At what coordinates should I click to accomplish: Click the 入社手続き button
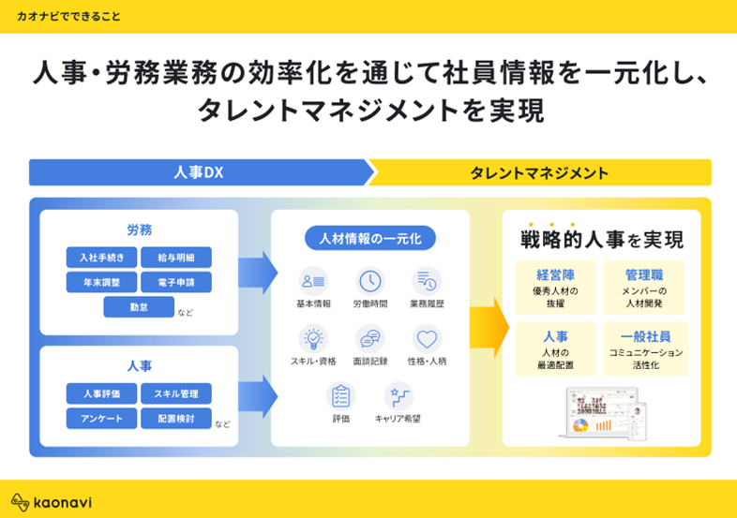pos(102,258)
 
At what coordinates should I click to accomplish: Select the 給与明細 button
pos(176,258)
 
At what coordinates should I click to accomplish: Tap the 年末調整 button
pos(102,282)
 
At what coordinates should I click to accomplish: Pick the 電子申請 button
pos(176,282)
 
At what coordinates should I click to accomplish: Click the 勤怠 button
pos(139,307)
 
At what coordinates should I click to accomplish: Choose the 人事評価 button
pos(102,393)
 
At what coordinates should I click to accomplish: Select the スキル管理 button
pos(176,393)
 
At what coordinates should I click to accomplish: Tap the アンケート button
pos(102,418)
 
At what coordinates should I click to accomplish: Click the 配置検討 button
pos(176,418)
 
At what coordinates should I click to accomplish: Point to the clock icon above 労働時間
pos(370,280)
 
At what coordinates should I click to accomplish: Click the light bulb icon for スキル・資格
pos(313,338)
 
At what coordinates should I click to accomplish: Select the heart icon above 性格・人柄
pos(427,338)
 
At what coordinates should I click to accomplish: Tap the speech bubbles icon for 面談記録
pos(370,338)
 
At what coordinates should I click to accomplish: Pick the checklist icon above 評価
pos(341,395)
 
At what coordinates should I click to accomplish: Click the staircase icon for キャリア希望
pos(399,395)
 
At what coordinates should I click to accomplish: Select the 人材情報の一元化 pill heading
pos(370,239)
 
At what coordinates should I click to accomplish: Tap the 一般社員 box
pos(645,348)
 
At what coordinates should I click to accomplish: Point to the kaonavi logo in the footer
pos(52,501)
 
